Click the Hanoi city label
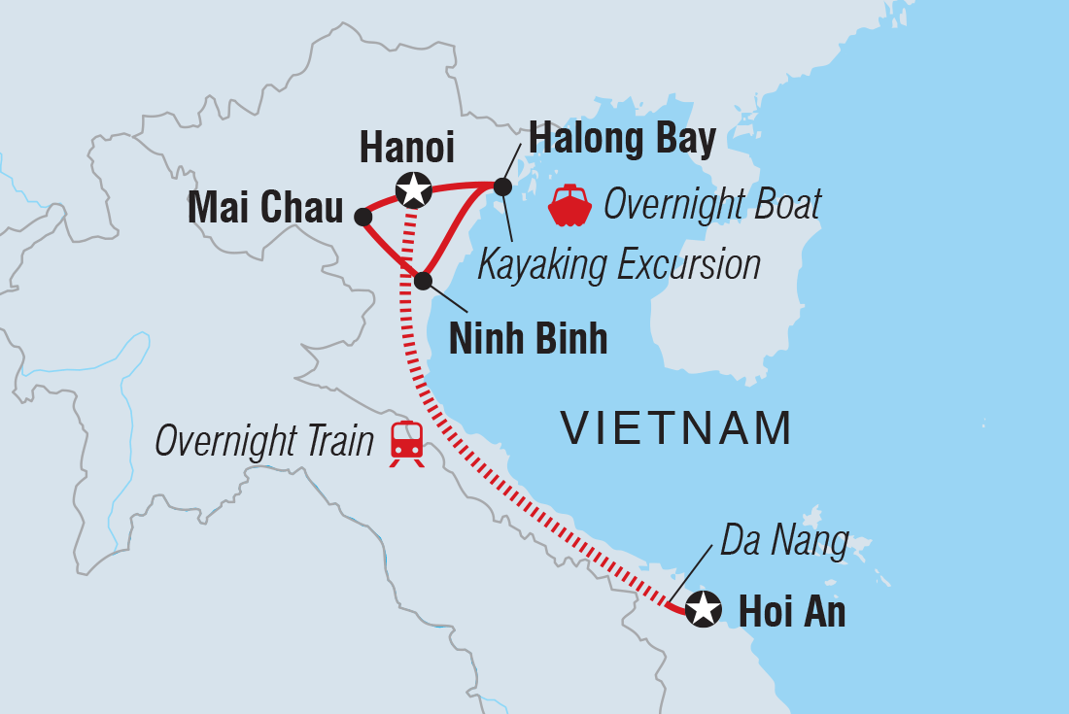coord(406,148)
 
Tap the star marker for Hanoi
coord(414,189)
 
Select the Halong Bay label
coord(622,140)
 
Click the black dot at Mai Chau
coord(362,217)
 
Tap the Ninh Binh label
coord(528,339)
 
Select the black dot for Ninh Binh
coord(423,281)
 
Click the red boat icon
coord(570,205)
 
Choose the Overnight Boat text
coord(712,205)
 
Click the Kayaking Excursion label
coord(619,264)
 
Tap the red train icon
coord(407,443)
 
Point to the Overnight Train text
coord(264,442)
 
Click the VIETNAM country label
coord(676,428)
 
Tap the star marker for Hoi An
coord(703,610)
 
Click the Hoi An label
coord(792,612)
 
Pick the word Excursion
coord(691,264)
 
